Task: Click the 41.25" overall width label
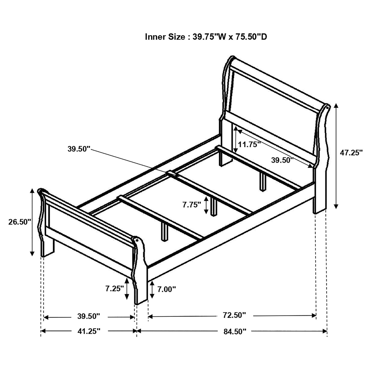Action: tap(88, 331)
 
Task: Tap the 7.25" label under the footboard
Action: tap(115, 289)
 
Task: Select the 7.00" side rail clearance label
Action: tap(167, 289)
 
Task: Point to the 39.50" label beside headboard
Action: tap(282, 160)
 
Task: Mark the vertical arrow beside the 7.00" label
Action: tap(152, 290)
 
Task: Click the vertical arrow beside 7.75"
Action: tap(206, 205)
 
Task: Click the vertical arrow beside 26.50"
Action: tap(32, 222)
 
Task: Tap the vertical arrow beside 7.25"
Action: tap(127, 289)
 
